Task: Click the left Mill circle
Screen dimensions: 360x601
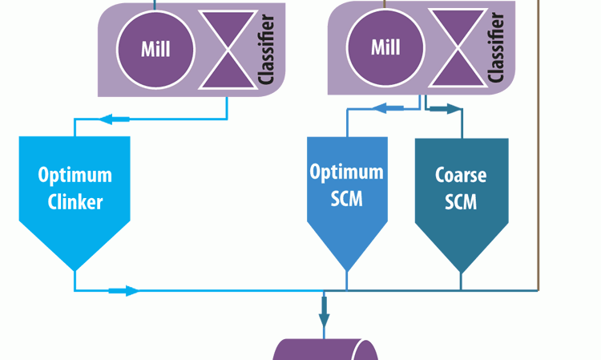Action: coord(155,49)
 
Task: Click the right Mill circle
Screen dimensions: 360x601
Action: coord(385,47)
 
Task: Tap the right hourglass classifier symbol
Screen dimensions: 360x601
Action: coord(457,46)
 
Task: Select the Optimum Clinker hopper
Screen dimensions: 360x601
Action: coord(75,200)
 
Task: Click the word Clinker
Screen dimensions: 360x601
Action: coord(75,201)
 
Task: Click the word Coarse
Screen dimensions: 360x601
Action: coord(461,175)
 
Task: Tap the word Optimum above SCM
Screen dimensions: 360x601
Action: coord(347,172)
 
